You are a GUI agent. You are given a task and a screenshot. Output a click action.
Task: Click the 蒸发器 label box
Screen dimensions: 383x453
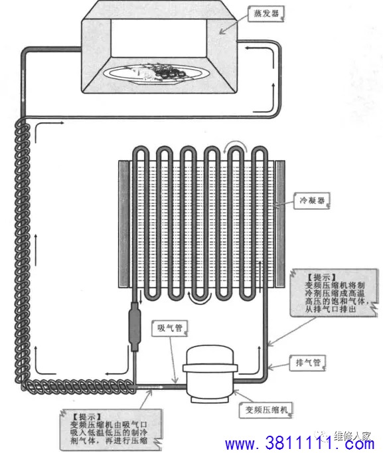click(x=266, y=13)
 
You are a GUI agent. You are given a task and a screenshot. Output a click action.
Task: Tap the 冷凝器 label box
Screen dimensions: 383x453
click(x=312, y=201)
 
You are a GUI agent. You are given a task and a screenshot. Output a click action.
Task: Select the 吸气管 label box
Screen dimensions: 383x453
click(x=170, y=328)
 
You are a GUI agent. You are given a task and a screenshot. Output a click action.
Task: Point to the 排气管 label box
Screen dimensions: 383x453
click(x=308, y=363)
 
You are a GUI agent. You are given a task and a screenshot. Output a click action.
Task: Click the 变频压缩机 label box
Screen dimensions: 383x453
click(x=266, y=410)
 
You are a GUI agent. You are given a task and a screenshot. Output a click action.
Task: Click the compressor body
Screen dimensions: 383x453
click(x=210, y=373)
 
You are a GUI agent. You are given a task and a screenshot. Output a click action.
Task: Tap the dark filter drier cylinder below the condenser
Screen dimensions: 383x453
click(x=135, y=326)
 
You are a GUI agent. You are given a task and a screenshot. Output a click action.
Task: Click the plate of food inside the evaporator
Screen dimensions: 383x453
click(x=156, y=74)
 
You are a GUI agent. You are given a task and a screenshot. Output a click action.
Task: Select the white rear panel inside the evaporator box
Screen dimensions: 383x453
click(x=159, y=38)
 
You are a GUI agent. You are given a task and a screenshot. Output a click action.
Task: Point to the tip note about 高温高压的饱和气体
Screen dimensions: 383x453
click(x=334, y=293)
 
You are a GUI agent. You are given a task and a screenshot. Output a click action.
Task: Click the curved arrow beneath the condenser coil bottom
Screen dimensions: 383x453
click(x=200, y=302)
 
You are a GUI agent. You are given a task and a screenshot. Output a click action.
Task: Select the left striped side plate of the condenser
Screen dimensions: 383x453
click(x=124, y=225)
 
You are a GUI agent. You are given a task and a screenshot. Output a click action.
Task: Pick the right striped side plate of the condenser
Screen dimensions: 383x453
click(x=279, y=225)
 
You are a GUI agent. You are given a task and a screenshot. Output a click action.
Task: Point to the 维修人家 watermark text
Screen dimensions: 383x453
click(x=352, y=435)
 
